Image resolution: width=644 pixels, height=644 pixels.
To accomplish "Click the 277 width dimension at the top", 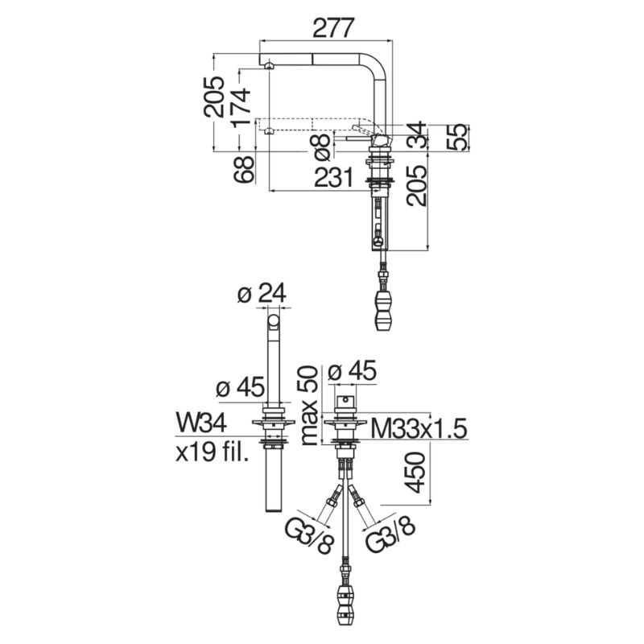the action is (333, 28).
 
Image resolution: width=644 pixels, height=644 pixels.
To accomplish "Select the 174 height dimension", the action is (241, 107).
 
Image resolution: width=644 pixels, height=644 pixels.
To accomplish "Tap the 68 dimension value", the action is (243, 169).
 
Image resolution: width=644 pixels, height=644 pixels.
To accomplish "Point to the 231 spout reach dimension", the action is (333, 178).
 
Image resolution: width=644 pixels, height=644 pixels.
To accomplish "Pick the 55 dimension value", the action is (456, 137).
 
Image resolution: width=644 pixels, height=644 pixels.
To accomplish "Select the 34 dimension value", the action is (417, 134).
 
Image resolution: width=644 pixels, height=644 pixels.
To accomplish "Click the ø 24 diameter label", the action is (262, 294).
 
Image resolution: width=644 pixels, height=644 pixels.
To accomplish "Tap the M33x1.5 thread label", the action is (419, 429).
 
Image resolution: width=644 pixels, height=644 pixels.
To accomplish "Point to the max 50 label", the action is (309, 406).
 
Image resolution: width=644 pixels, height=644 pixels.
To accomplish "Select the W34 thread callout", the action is (201, 423).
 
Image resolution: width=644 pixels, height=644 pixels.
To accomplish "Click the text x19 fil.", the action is (212, 453).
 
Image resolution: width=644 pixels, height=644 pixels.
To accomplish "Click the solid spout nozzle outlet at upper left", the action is (269, 66).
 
